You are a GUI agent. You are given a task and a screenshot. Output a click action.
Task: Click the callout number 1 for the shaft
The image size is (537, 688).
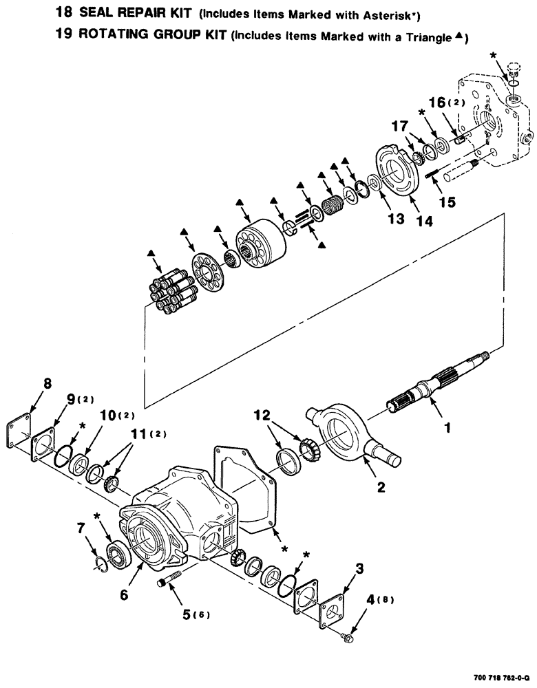click(447, 427)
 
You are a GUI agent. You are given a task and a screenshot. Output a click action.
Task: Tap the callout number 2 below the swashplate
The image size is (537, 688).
click(381, 488)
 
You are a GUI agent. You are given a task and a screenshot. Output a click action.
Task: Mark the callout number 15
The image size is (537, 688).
click(447, 204)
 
